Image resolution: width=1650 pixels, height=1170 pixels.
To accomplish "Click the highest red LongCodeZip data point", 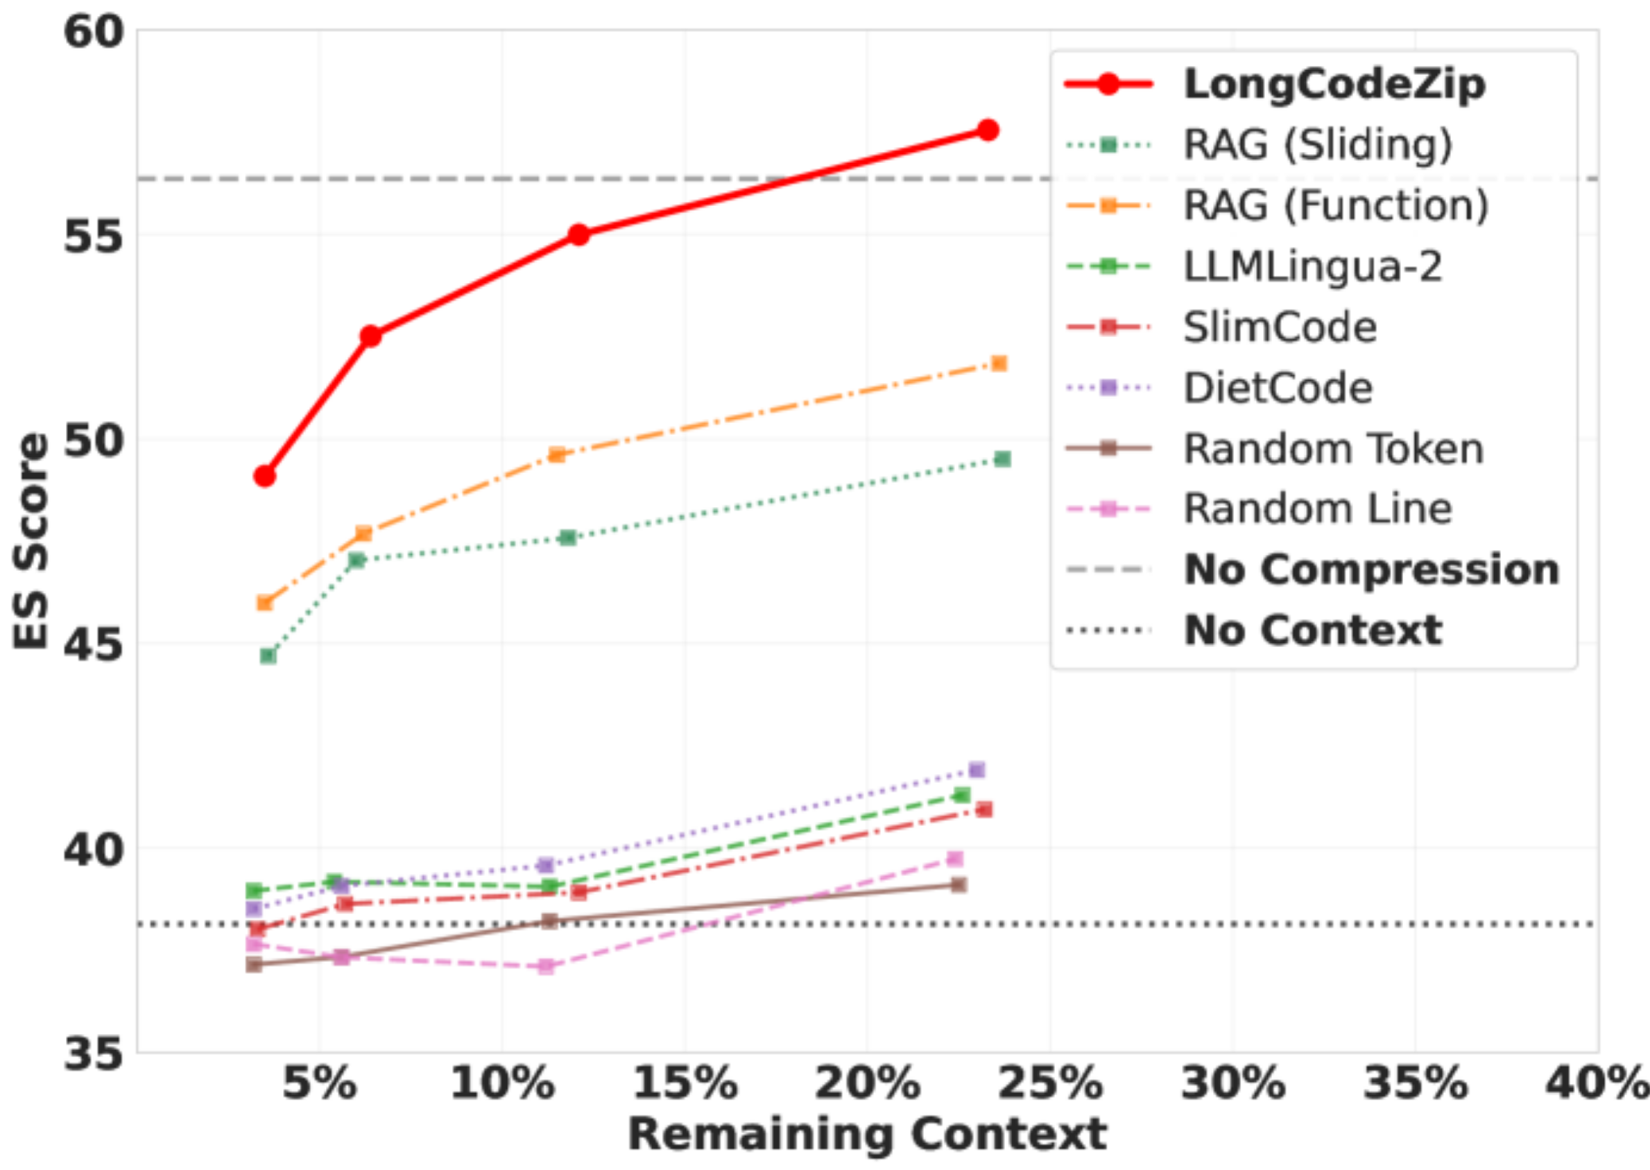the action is click(x=988, y=130).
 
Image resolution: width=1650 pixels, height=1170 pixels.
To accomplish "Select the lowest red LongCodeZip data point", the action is click(x=264, y=476).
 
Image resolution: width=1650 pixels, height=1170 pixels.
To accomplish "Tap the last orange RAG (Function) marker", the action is click(x=999, y=363).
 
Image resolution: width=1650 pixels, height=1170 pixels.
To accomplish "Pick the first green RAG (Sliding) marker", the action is click(x=268, y=655).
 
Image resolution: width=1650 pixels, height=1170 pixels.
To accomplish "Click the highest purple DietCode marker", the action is click(x=977, y=770).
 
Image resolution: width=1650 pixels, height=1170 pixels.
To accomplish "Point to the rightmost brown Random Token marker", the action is click(x=959, y=884).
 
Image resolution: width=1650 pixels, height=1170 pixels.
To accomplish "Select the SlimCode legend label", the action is click(x=1280, y=327).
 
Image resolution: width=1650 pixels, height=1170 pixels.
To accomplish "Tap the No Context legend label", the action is click(x=1314, y=630).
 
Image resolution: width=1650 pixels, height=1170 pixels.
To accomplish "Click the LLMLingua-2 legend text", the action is click(x=1313, y=266).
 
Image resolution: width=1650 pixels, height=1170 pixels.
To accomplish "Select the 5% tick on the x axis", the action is click(x=319, y=1083).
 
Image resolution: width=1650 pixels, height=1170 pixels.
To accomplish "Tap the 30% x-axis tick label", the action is click(x=1232, y=1083).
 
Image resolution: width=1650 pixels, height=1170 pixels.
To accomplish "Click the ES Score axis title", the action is click(x=31, y=540).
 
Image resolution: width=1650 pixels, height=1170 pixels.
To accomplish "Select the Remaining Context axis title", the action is click(x=867, y=1135).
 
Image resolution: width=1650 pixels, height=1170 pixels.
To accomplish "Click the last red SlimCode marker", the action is click(x=983, y=809).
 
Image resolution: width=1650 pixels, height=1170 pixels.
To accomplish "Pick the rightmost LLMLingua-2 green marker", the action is click(x=962, y=795).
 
